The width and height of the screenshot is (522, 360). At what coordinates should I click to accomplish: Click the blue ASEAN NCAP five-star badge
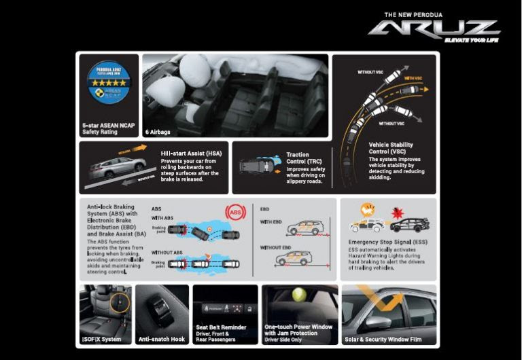108,86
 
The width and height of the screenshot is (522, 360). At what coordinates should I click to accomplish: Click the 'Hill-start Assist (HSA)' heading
190,154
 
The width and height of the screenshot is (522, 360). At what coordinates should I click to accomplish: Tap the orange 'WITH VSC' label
415,78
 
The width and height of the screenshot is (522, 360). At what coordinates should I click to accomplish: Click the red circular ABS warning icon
236,213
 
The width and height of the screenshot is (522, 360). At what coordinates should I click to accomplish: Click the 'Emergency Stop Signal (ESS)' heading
387,242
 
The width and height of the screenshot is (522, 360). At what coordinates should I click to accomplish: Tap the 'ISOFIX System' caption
102,338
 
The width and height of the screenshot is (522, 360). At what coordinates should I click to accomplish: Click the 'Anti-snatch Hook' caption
162,338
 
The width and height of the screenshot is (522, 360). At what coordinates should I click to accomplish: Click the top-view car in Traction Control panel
258,165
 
